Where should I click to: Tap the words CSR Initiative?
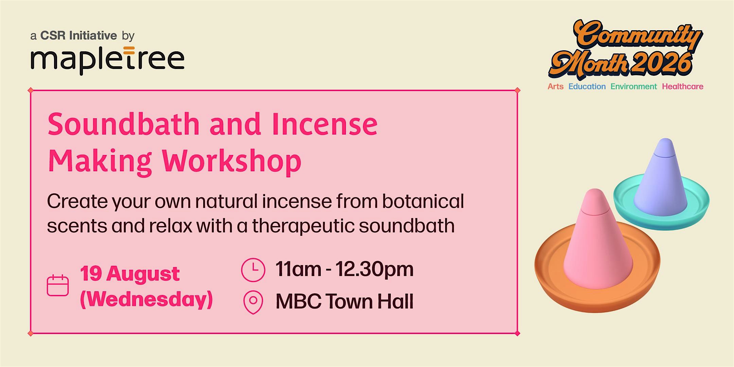click(78, 35)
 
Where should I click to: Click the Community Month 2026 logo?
click(625, 49)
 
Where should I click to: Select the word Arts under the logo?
click(555, 87)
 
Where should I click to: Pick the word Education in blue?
click(587, 87)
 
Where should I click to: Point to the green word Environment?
click(633, 87)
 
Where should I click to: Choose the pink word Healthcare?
click(682, 87)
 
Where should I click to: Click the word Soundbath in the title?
click(124, 124)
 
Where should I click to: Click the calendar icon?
click(58, 285)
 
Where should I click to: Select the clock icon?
click(253, 270)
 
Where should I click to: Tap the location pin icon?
click(253, 302)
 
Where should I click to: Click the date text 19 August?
click(130, 274)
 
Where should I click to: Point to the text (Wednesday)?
click(146, 299)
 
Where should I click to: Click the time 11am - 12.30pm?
click(345, 269)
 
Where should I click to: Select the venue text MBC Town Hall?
click(345, 301)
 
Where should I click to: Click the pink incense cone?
click(598, 240)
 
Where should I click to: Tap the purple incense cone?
click(660, 178)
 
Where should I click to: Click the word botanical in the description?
click(423, 201)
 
